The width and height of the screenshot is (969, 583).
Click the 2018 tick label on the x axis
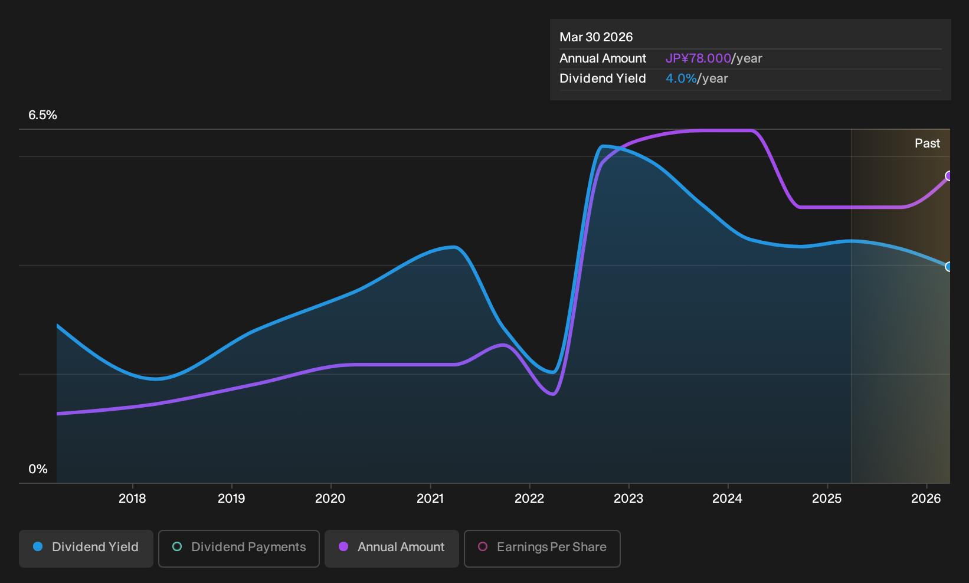pos(132,499)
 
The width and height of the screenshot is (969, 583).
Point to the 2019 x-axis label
pos(231,499)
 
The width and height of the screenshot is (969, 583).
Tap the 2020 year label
pos(330,499)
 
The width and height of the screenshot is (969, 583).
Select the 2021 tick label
pos(430,499)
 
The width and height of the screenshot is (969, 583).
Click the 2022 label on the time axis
pos(529,499)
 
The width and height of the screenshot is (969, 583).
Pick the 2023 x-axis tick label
pos(628,499)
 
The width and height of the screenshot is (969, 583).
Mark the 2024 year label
pos(727,499)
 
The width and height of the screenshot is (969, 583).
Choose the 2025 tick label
pos(827,499)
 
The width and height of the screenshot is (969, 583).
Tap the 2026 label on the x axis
pos(926,499)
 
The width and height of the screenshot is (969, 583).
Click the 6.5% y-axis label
pos(42,115)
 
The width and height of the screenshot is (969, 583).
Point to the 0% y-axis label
pos(38,469)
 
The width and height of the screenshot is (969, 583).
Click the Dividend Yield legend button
pos(86,548)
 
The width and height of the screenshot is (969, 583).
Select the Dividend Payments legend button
pos(239,548)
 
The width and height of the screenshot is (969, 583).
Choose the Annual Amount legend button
pos(391,548)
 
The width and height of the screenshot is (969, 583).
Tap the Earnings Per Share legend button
pos(542,548)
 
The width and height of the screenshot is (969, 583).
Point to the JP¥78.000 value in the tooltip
pos(698,58)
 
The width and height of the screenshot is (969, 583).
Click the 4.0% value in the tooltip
pos(681,78)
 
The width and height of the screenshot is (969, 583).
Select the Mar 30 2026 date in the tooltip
pos(595,37)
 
